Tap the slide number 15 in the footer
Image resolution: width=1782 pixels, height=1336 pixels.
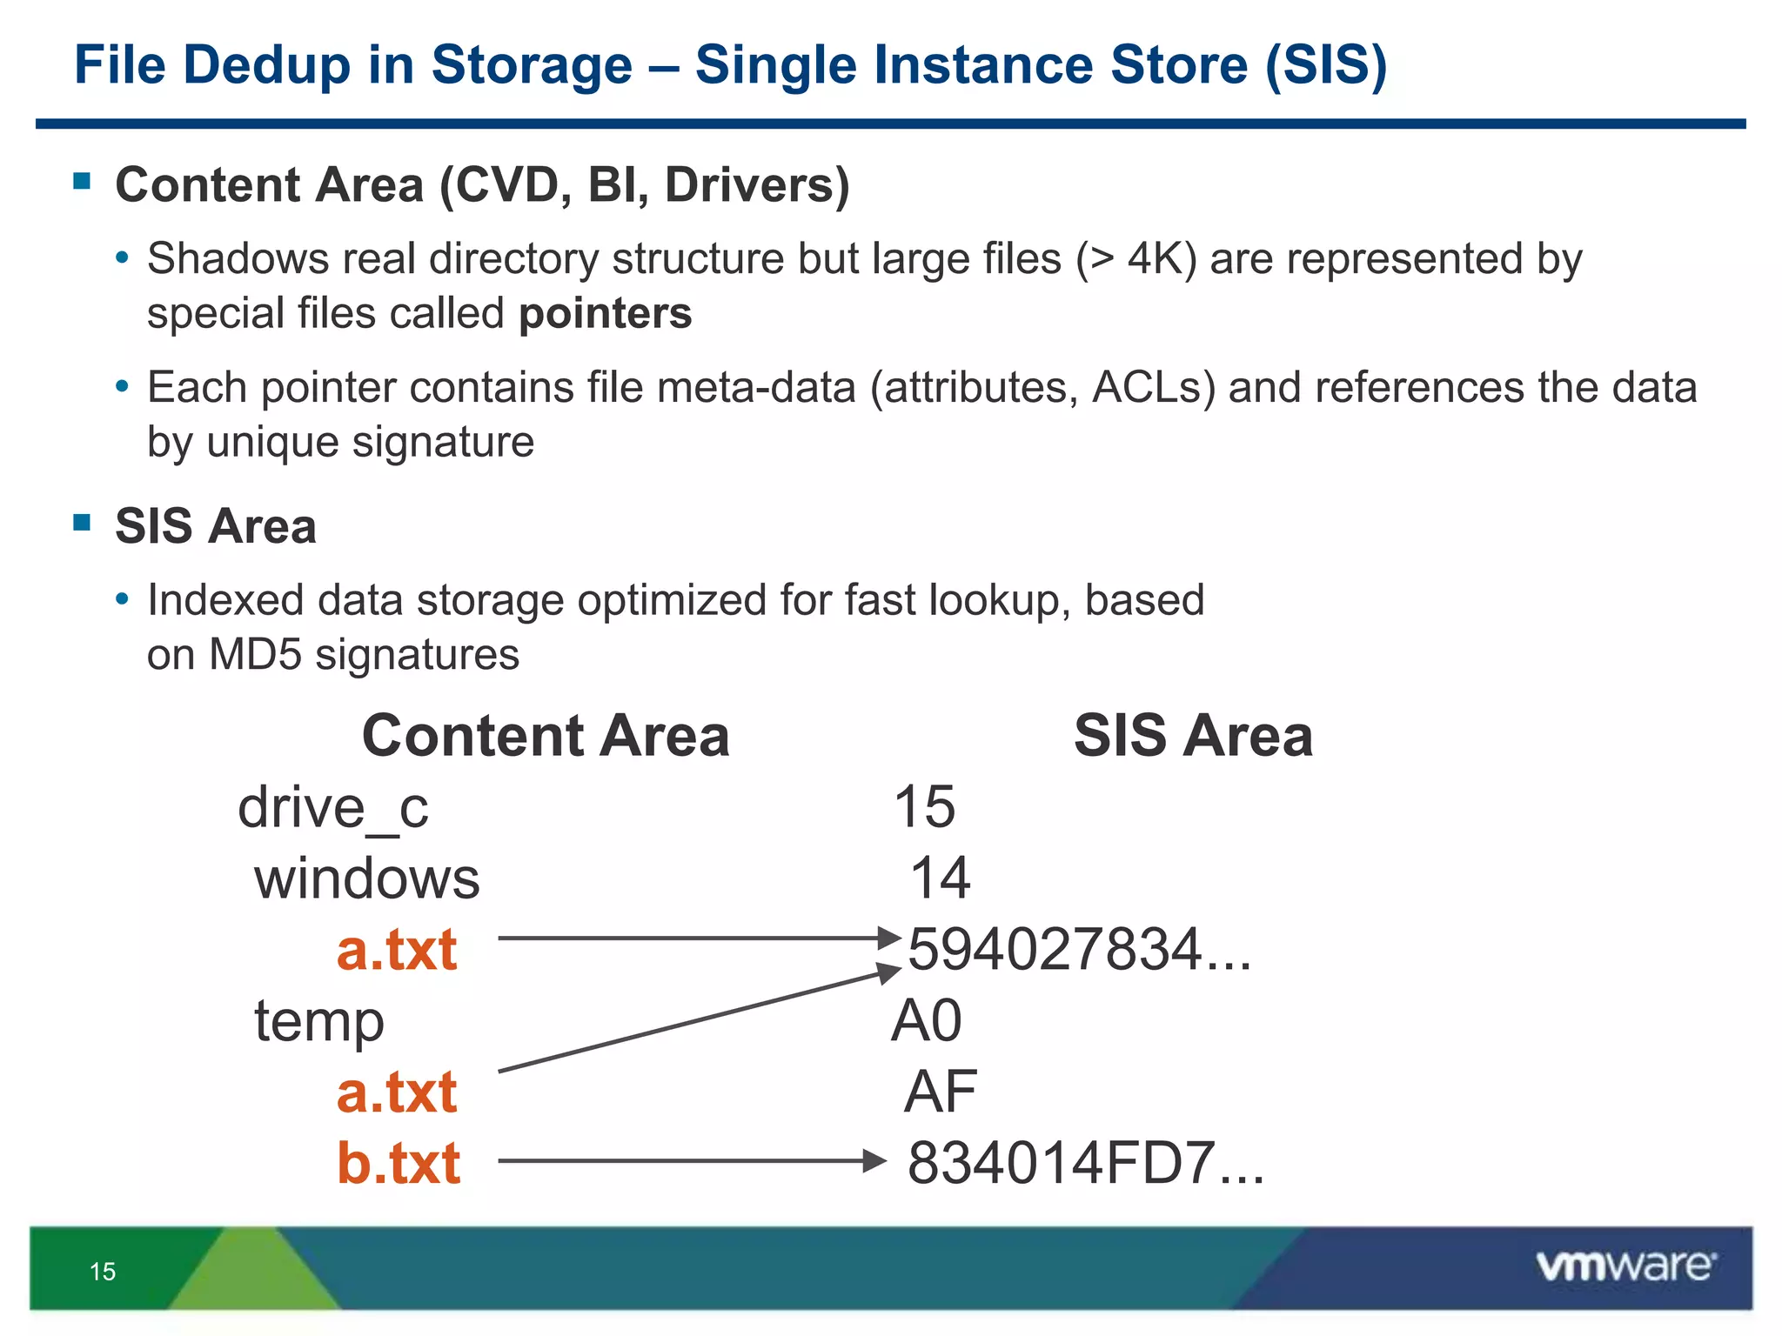click(103, 1272)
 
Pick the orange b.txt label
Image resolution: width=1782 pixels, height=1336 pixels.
click(399, 1163)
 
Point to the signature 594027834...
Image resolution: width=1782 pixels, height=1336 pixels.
click(1079, 949)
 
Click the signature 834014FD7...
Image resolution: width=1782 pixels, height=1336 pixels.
click(1085, 1163)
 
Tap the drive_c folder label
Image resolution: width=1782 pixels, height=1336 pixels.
click(333, 807)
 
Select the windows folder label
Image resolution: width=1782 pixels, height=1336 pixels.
click(366, 878)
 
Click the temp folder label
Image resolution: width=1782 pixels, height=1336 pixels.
click(318, 1021)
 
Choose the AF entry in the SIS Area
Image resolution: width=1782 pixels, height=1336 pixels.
click(940, 1092)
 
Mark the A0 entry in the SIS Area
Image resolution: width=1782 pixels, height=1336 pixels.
click(927, 1020)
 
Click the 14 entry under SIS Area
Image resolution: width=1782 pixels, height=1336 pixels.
click(940, 878)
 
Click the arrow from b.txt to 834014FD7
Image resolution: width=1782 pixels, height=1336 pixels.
click(692, 1161)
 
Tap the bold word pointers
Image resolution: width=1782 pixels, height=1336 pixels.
click(605, 313)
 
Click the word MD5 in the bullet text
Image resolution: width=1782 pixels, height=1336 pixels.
click(257, 654)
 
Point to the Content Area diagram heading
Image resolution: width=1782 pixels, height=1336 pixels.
click(546, 736)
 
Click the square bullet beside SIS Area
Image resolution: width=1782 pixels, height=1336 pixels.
click(83, 523)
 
